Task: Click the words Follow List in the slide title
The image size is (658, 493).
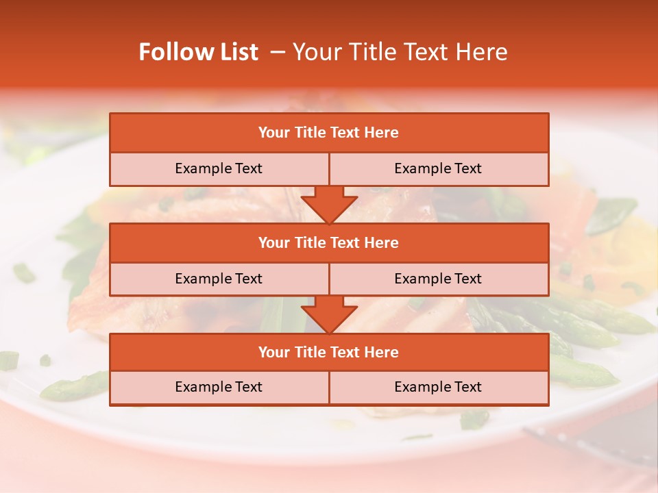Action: pos(198,52)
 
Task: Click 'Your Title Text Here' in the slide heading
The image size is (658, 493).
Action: pos(400,52)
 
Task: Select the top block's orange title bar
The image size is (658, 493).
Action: pos(329,133)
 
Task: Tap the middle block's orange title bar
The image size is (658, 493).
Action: pos(329,243)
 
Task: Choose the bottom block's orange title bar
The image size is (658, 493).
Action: pos(329,352)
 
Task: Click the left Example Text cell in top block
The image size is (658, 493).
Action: pos(219,168)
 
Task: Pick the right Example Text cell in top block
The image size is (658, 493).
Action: pos(438,168)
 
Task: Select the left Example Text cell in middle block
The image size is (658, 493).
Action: pos(219,279)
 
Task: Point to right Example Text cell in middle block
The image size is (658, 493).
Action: pos(438,279)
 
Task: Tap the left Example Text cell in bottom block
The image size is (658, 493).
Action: pos(219,387)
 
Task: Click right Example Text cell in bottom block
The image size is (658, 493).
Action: pos(438,387)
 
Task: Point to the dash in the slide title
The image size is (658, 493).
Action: pos(278,52)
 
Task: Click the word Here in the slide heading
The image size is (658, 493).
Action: pos(483,52)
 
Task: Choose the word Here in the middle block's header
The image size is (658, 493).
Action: pos(381,243)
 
